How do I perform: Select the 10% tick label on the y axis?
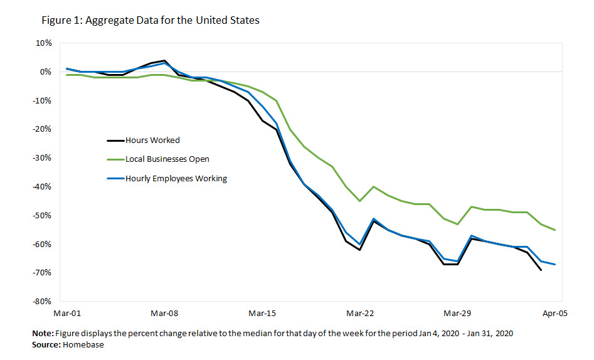point(44,43)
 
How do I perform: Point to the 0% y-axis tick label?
point(46,72)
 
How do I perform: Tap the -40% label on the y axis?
point(43,187)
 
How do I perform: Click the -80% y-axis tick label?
point(43,302)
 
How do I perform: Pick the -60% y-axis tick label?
point(43,244)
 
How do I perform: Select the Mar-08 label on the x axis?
point(164,312)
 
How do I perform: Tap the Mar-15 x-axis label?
point(262,312)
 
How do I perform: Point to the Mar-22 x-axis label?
point(360,312)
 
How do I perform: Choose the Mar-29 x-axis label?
point(457,312)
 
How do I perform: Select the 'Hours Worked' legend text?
point(152,140)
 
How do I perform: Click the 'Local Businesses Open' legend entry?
point(167,159)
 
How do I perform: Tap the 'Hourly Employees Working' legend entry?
point(176,179)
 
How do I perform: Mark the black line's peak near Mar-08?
point(164,61)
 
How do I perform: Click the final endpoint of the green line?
point(555,230)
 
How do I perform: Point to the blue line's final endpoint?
point(555,265)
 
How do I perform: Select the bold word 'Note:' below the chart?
point(43,334)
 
